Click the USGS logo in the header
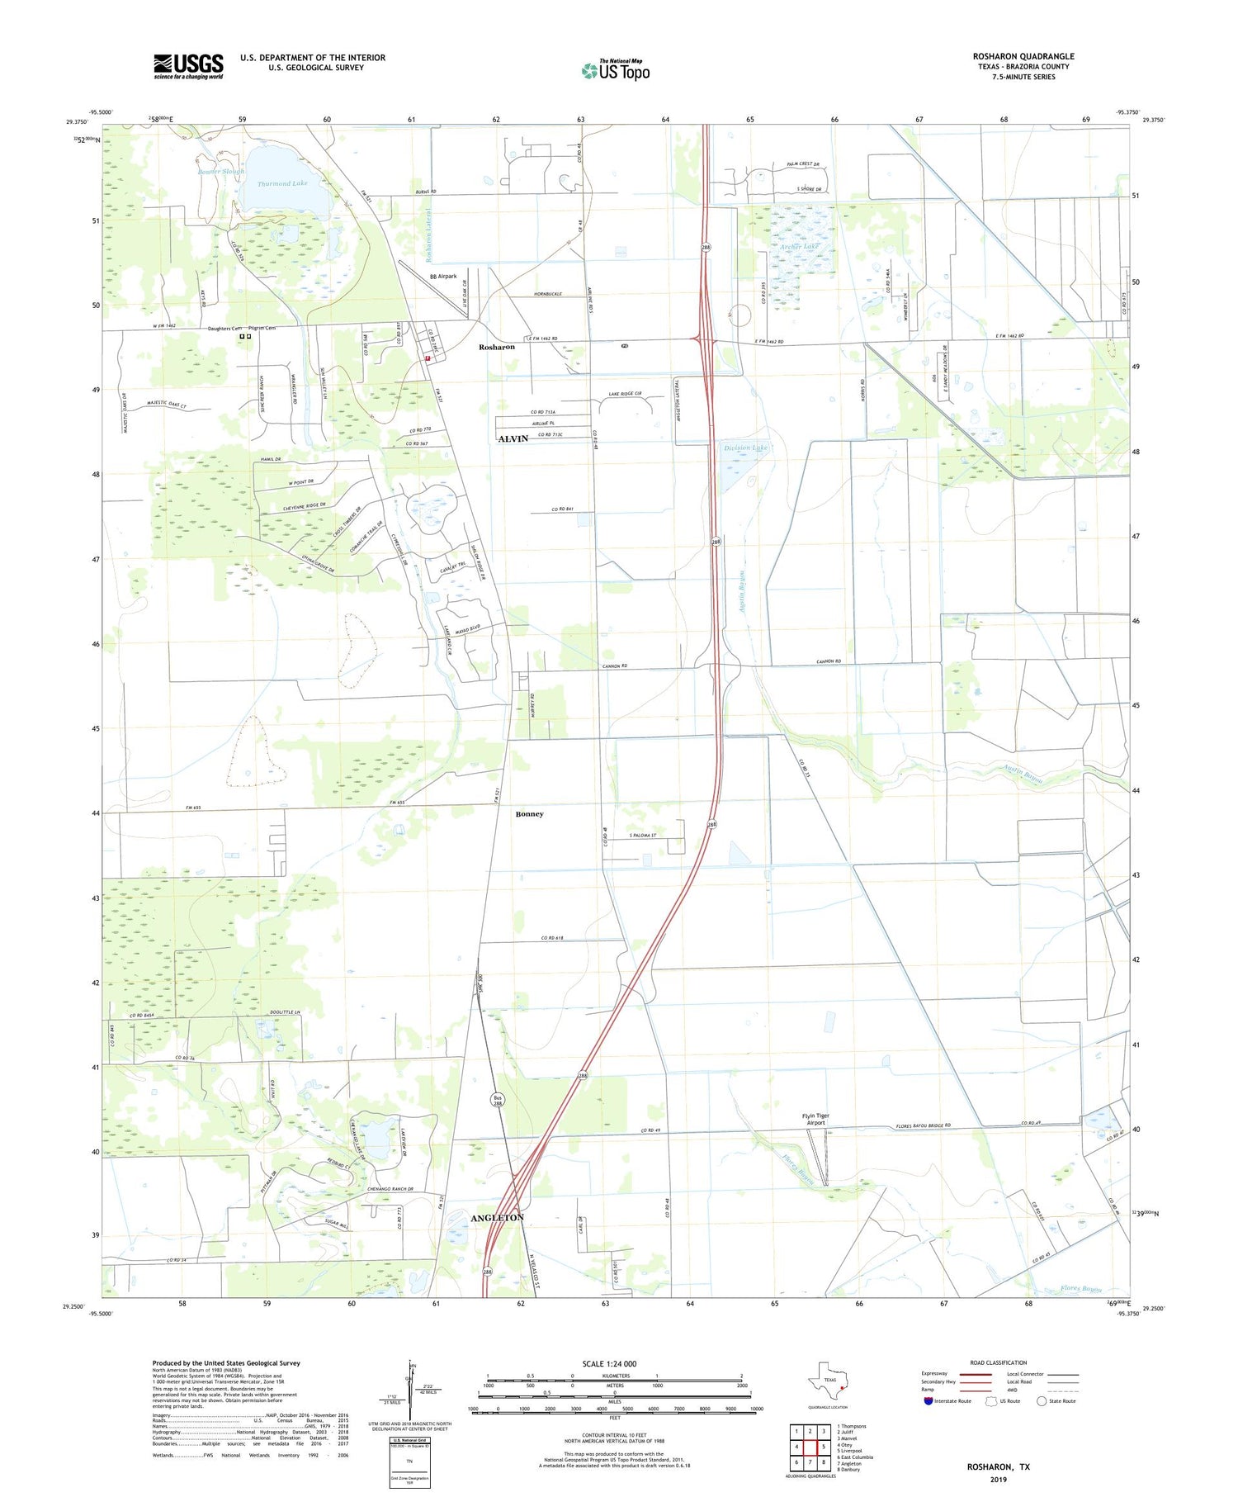pos(188,66)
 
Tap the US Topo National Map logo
pos(616,70)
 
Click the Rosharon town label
pos(497,347)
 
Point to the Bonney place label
pos(529,814)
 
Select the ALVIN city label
pos(513,439)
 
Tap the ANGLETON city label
pos(497,1219)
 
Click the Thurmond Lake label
pos(281,183)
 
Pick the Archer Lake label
pos(800,246)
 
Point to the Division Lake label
pos(745,448)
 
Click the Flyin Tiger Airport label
pos(815,1119)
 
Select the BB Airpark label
pos(442,277)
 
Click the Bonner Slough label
pos(220,172)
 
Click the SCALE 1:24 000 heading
pos(608,1363)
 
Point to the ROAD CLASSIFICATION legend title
pos(998,1362)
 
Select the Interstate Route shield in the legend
pos(930,1400)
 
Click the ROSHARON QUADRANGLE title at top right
pos(1023,56)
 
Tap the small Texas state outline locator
pos(828,1381)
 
